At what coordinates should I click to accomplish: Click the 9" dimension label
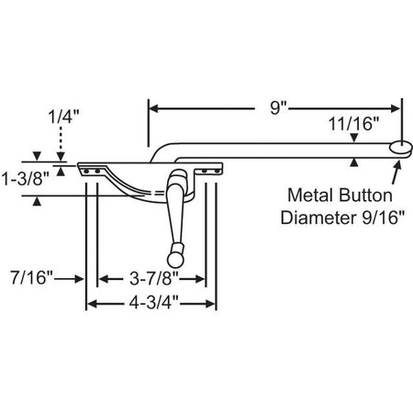pyautogui.click(x=275, y=107)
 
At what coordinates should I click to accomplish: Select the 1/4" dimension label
pyautogui.click(x=61, y=117)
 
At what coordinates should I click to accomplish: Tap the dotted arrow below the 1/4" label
pyautogui.click(x=61, y=147)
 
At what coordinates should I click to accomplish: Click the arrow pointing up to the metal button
pyautogui.click(x=397, y=168)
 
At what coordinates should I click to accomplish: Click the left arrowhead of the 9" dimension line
pyautogui.click(x=152, y=107)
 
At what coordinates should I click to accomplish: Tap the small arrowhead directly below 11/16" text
pyautogui.click(x=353, y=138)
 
